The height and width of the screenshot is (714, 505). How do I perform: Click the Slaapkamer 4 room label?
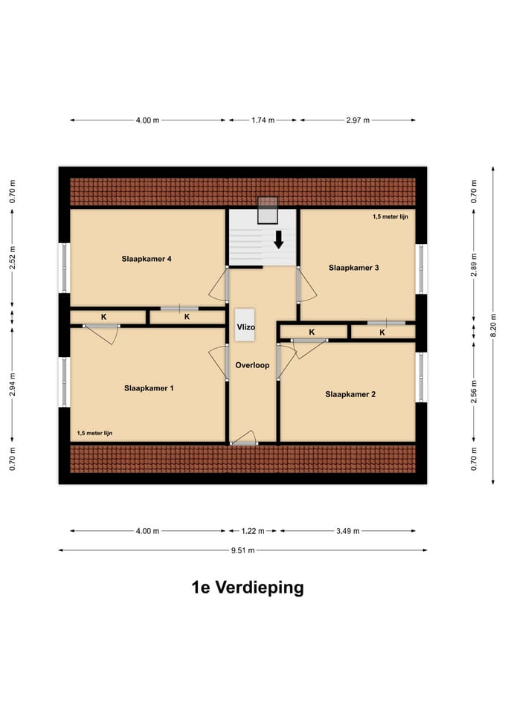147,259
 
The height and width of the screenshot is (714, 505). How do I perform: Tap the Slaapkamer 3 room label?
354,267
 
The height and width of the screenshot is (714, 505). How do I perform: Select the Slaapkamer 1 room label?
149,388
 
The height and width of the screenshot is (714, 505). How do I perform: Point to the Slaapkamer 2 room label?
350,394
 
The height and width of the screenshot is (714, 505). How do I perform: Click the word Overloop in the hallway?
252,366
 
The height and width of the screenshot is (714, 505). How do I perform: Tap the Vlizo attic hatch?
245,326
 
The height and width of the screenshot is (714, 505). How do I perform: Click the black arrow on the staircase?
279,239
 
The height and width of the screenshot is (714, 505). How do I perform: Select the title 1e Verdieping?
247,588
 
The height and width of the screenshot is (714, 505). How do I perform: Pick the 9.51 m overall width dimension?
242,550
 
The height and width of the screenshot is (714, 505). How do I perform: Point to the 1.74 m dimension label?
263,120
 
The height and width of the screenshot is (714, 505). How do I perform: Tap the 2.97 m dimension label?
358,120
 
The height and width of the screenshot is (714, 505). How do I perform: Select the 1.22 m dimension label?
252,531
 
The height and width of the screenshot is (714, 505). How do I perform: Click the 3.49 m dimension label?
347,531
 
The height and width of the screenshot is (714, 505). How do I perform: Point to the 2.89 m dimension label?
474,265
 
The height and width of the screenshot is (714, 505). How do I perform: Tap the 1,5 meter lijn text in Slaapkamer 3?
391,217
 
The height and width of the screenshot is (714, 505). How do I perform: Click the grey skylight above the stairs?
267,210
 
